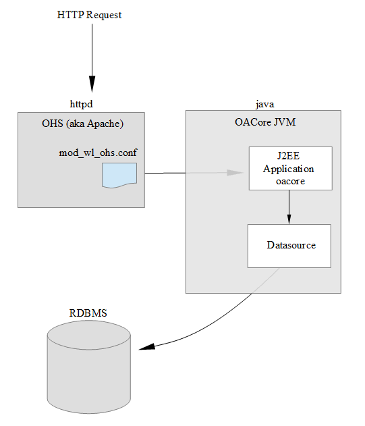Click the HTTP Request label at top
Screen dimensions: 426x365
[89, 15]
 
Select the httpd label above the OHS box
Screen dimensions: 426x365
[81, 104]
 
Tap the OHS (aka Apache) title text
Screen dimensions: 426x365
[82, 124]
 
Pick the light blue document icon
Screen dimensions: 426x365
[119, 175]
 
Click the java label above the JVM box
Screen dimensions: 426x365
[264, 104]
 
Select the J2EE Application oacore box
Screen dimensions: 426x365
[289, 168]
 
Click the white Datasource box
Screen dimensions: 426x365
[289, 246]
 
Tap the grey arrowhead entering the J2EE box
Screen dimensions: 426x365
[235, 173]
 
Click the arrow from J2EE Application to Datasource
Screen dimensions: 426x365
[289, 206]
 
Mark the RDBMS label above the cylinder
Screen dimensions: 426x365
[88, 313]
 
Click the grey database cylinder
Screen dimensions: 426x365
[88, 378]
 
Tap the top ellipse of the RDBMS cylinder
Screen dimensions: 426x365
[88, 335]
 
